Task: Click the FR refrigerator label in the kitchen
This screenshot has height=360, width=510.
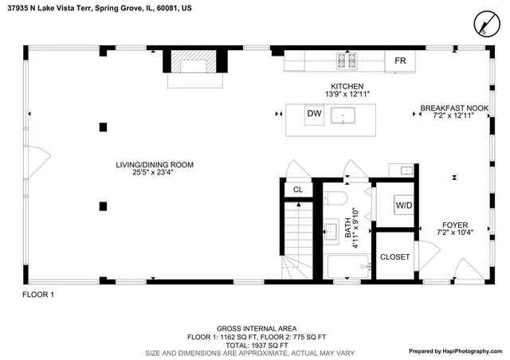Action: point(400,61)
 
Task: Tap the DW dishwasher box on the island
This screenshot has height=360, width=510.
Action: point(315,115)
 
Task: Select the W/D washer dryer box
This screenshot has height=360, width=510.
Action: point(404,206)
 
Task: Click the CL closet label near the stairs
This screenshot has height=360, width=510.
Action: point(297,190)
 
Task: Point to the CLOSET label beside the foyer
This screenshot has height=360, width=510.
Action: point(394,257)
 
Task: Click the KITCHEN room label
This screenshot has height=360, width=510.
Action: point(347,86)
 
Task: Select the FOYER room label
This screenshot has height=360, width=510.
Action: point(454,225)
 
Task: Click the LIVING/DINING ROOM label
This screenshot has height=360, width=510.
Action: point(155,165)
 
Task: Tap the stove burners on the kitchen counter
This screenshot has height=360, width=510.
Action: point(347,60)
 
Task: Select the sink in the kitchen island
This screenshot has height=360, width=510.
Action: point(345,116)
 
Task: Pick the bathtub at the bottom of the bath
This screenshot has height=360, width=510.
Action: point(348,267)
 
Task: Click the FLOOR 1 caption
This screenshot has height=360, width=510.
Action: point(37,295)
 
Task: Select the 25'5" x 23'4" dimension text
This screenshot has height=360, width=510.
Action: point(155,173)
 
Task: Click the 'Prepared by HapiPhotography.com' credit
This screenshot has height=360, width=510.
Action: point(456,351)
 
